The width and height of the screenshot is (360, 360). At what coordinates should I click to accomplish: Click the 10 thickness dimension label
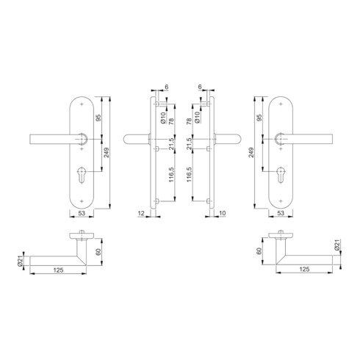coord(221,214)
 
